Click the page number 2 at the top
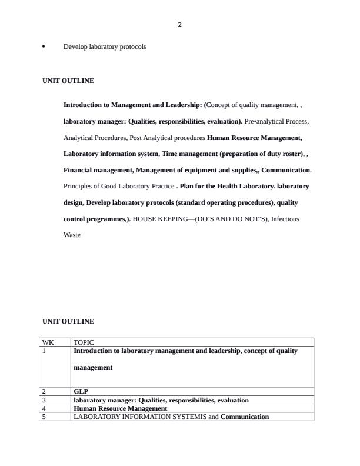[x=179, y=25]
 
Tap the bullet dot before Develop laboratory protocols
[x=44, y=46]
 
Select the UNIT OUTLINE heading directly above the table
[x=68, y=321]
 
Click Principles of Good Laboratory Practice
[x=119, y=186]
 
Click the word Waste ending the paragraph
[x=72, y=235]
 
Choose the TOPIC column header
[x=84, y=342]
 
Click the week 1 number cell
[x=44, y=351]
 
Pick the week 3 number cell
[x=44, y=400]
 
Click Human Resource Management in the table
[x=120, y=408]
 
